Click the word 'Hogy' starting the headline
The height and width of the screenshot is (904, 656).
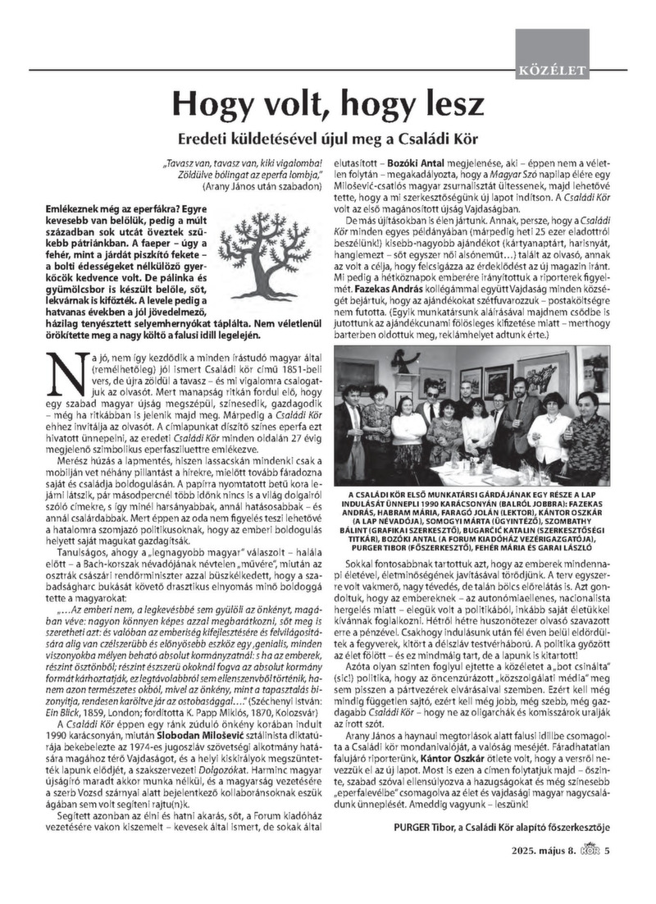(211, 104)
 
